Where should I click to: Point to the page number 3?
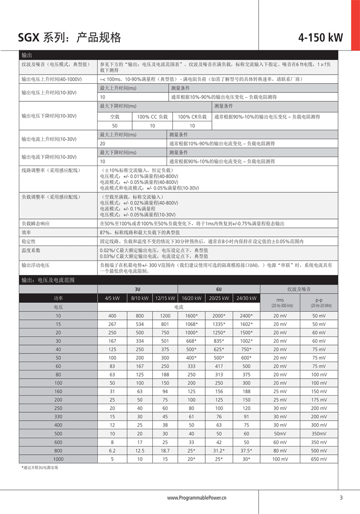(341, 498)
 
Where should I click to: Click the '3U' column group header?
(137, 289)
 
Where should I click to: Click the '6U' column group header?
(219, 289)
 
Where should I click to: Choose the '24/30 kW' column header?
(246, 298)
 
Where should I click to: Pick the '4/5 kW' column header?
(112, 298)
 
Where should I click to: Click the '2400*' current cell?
(246, 316)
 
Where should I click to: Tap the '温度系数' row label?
(30, 250)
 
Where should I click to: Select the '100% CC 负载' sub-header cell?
(152, 117)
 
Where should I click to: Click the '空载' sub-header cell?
(115, 117)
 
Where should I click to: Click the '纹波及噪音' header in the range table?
(300, 289)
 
